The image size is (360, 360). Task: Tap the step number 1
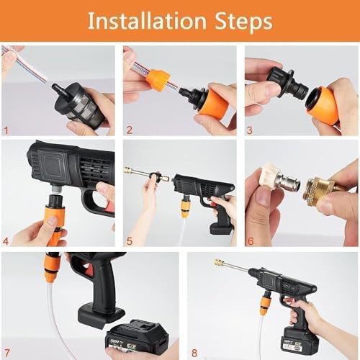pos(6,131)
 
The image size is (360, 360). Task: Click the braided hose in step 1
pos(22,61)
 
